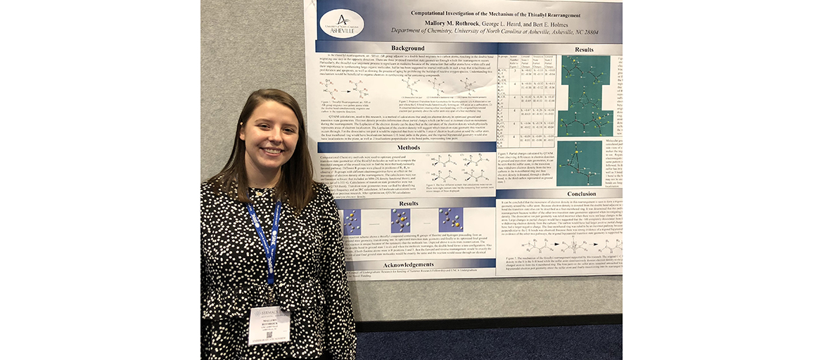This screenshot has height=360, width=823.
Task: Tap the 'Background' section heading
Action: (x=408, y=49)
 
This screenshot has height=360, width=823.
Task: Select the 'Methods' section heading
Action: (x=407, y=148)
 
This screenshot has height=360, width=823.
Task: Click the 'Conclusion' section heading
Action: (x=581, y=193)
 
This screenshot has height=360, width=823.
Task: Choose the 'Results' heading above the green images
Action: (x=583, y=49)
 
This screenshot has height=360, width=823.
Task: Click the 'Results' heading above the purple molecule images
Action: (x=408, y=203)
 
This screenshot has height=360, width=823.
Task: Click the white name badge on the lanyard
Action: (x=269, y=323)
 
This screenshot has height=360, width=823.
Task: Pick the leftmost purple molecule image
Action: (x=352, y=221)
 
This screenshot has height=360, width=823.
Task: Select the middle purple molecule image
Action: (x=400, y=221)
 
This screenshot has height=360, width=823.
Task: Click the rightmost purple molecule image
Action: (x=450, y=221)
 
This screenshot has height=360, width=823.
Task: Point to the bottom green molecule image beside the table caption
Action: (x=579, y=163)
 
